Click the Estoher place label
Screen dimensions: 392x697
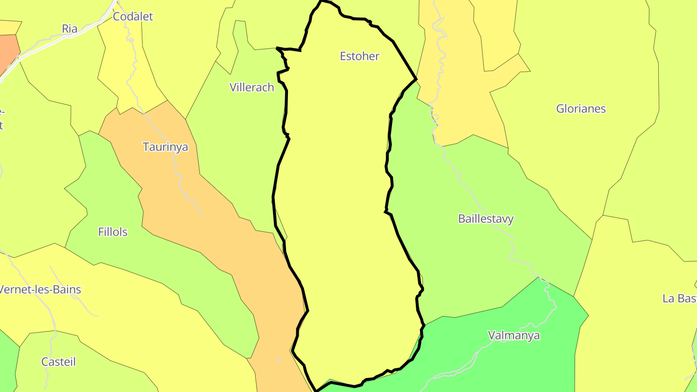click(x=359, y=56)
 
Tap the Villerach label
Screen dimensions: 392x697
click(x=252, y=88)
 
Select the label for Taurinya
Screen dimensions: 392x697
click(x=165, y=147)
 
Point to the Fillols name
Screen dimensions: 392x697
click(x=113, y=232)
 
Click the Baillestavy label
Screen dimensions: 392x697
click(x=485, y=219)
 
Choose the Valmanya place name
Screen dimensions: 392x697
click(x=514, y=335)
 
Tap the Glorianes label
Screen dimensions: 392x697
click(x=581, y=109)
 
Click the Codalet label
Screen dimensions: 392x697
click(x=133, y=17)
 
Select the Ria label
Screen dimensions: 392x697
click(x=70, y=29)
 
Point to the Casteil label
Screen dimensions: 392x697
click(x=59, y=362)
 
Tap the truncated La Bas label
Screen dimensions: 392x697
click(x=679, y=299)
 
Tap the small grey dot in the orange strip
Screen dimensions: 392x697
click(x=278, y=361)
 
